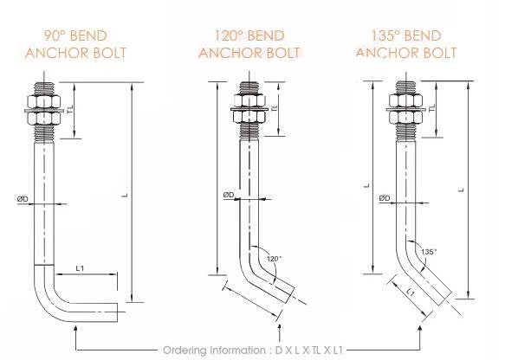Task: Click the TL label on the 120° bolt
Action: (x=274, y=111)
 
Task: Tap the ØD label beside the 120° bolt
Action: (x=228, y=195)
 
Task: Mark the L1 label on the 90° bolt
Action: (x=79, y=268)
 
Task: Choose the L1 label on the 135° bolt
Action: (x=409, y=294)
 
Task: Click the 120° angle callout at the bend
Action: (x=275, y=259)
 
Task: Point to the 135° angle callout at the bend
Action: (x=427, y=251)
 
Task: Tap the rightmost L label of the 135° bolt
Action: (x=461, y=190)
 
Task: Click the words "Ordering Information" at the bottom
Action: (x=211, y=349)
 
